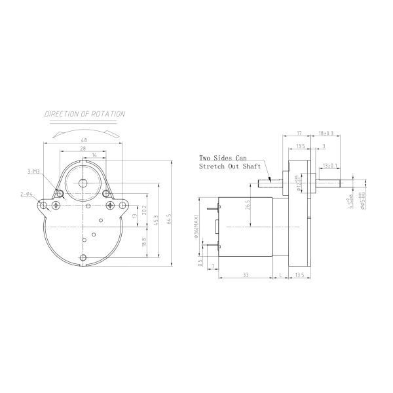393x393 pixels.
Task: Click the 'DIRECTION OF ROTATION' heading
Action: pos(84,114)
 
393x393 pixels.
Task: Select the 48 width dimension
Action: pos(84,140)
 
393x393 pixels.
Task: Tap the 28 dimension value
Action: pos(83,149)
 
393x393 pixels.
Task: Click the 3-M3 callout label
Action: pos(32,172)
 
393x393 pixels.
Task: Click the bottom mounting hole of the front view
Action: pos(83,257)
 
